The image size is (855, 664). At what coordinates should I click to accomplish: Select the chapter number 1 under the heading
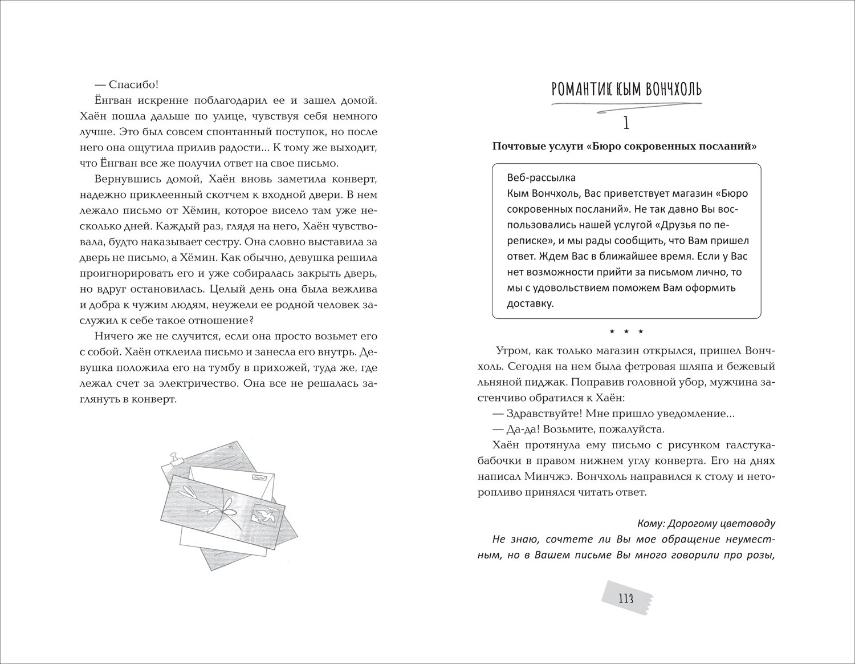coord(625,122)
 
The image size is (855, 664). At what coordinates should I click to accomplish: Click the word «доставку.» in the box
coord(530,303)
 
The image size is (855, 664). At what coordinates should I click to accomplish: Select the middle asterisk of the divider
coord(626,331)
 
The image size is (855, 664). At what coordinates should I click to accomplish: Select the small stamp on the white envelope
coord(259,475)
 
